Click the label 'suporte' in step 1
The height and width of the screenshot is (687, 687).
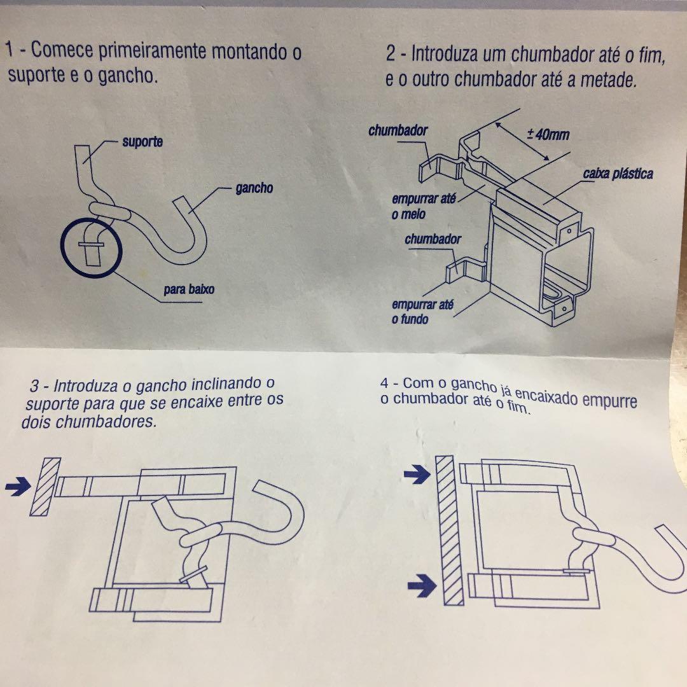142,142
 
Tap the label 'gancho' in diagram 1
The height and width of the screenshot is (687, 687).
254,188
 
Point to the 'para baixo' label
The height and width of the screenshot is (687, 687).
189,289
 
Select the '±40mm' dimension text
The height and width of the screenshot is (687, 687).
548,134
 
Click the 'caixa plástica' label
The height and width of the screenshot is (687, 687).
618,174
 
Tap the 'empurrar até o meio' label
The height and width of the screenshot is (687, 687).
423,206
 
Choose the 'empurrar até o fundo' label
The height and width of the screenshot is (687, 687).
422,312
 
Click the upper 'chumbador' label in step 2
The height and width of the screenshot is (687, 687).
398,130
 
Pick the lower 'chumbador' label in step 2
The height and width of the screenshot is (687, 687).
433,239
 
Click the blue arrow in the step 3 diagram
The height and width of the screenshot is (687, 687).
18,487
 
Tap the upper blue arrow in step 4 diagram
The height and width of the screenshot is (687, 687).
417,475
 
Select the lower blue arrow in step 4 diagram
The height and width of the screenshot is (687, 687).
422,586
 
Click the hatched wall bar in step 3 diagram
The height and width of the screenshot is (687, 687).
45,487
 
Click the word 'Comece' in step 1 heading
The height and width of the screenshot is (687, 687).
62,50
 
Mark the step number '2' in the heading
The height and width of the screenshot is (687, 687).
391,54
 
